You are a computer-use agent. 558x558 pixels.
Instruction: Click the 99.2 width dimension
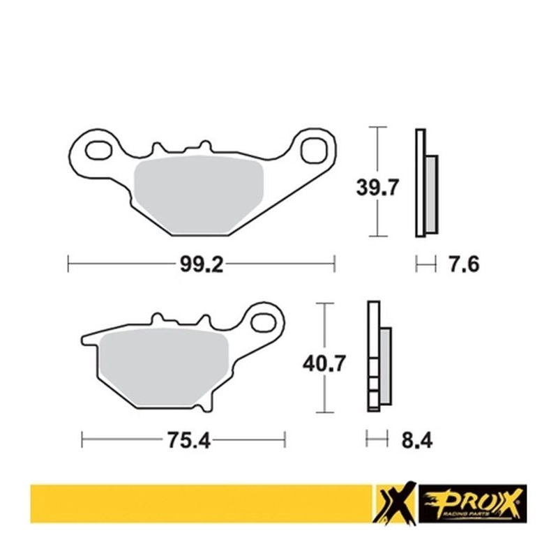click(202, 264)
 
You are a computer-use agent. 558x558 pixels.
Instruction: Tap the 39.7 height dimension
click(377, 188)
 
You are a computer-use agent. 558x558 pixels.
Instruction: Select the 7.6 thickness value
click(463, 264)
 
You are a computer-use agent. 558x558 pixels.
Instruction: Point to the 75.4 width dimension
click(188, 440)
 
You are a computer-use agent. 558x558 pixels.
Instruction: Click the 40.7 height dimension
click(324, 363)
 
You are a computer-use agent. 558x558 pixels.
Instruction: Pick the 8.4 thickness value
click(417, 441)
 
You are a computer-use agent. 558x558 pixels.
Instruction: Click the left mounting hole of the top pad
click(98, 150)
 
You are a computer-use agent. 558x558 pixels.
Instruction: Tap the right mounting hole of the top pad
click(313, 151)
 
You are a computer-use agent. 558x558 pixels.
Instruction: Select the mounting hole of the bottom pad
click(264, 323)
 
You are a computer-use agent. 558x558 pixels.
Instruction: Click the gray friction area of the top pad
click(199, 195)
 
